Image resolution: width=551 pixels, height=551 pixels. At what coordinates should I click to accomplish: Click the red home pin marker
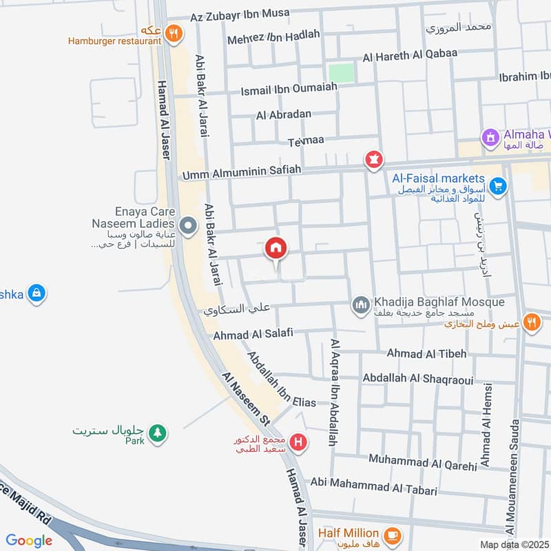click(x=276, y=249)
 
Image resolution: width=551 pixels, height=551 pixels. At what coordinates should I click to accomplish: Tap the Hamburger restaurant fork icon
click(x=174, y=31)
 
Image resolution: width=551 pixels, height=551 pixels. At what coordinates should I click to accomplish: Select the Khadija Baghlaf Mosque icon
click(x=360, y=304)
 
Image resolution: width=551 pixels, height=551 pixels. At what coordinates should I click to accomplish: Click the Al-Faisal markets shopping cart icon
click(x=499, y=185)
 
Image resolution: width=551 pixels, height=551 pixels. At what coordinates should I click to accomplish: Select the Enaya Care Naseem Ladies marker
click(x=186, y=225)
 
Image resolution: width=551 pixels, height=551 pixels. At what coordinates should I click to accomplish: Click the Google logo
click(x=29, y=541)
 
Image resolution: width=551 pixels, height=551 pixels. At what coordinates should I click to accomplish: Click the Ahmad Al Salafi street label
click(x=253, y=334)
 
